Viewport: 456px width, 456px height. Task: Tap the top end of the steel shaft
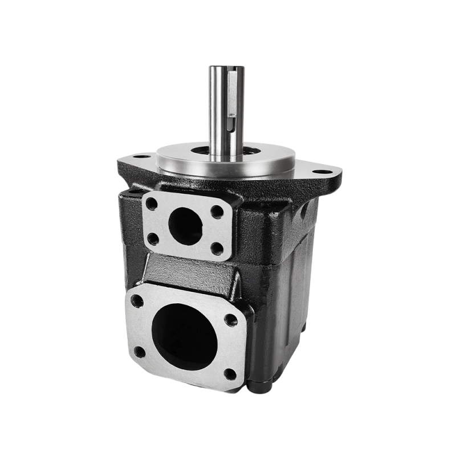pos(226,68)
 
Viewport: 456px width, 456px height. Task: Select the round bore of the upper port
pos(186,225)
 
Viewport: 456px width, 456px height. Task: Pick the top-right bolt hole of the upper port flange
pos(217,211)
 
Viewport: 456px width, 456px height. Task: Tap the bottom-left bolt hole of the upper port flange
pos(153,238)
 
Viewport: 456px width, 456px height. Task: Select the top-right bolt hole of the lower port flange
pos(231,320)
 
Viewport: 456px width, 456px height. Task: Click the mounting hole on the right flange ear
pos(323,170)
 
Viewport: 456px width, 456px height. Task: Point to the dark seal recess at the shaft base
pos(199,151)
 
